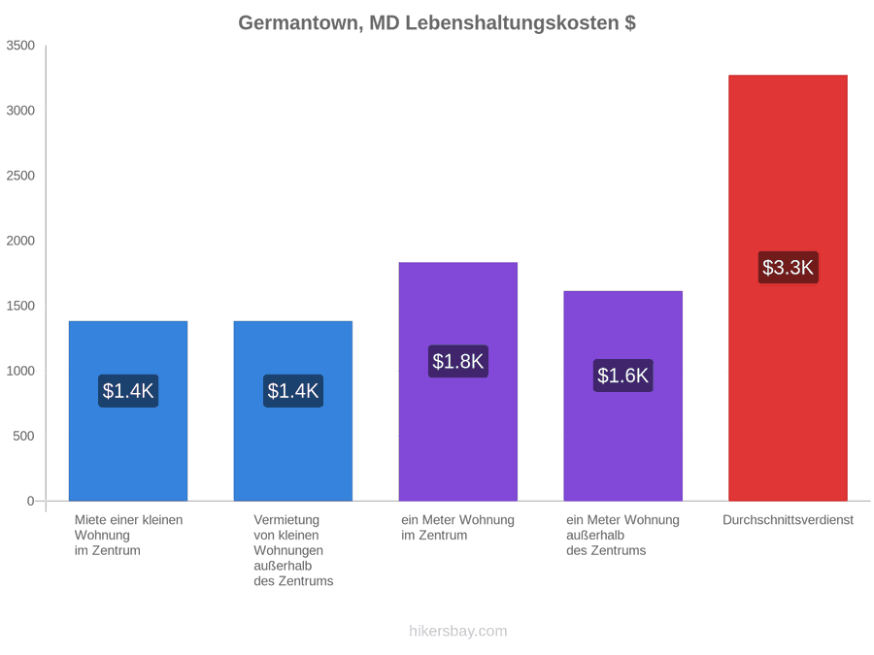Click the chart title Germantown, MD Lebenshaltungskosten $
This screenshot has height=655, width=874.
[437, 23]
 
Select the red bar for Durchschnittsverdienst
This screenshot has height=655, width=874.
[788, 288]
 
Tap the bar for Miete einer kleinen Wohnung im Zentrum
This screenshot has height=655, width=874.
[128, 411]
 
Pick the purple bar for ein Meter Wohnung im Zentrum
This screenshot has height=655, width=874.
[458, 381]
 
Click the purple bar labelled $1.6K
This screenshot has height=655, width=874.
[623, 396]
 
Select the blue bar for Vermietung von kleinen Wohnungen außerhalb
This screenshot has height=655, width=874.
[293, 411]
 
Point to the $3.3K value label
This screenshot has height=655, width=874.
[788, 268]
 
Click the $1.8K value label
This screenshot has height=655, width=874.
[458, 361]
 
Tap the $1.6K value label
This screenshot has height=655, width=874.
[623, 376]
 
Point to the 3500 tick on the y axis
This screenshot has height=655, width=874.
[20, 46]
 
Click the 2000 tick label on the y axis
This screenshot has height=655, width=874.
[20, 241]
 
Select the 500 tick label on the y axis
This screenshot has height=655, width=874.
[24, 436]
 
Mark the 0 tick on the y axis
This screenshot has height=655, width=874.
[31, 502]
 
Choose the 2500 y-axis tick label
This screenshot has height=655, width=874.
[20, 176]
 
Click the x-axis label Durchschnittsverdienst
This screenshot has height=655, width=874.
[788, 520]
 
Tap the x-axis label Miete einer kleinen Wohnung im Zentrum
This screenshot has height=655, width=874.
[129, 536]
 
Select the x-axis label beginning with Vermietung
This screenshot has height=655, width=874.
[293, 550]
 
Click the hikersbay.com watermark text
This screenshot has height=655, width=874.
[458, 631]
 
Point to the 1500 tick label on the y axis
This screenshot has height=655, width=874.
[20, 306]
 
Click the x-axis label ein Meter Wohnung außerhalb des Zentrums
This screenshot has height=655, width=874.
[622, 536]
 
